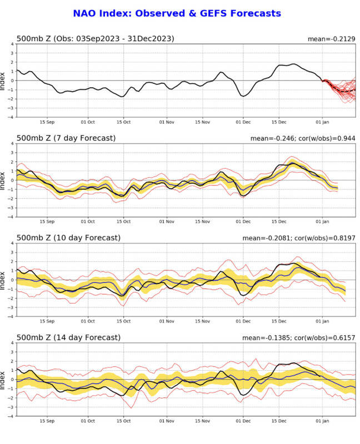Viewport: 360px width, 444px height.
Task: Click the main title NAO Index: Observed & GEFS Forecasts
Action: [x=177, y=13]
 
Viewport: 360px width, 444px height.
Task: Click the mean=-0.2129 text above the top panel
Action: [x=331, y=39]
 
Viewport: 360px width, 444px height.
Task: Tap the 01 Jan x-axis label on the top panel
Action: [x=323, y=122]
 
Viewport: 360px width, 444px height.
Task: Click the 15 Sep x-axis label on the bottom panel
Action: [x=47, y=420]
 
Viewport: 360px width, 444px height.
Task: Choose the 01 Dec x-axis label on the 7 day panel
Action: [x=243, y=221]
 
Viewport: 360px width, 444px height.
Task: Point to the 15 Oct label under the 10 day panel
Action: [x=123, y=320]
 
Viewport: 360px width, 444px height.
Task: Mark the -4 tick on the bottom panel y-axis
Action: [x=11, y=416]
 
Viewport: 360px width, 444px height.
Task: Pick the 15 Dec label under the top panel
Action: [x=283, y=122]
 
